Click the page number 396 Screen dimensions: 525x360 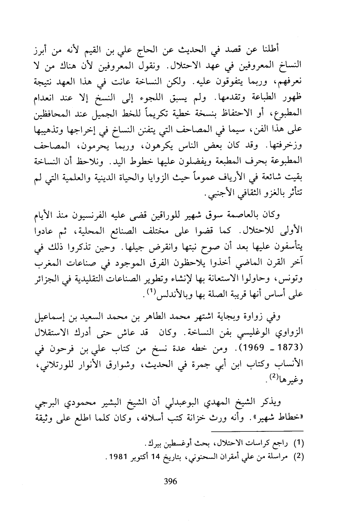[170, 481]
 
